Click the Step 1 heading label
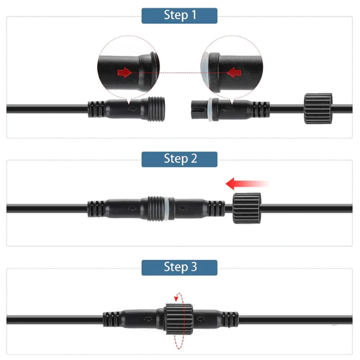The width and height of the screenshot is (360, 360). (180, 15)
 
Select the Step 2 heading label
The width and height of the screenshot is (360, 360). (180, 159)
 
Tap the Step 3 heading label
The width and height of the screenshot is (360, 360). (180, 267)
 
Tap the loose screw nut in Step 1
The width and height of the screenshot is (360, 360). (318, 108)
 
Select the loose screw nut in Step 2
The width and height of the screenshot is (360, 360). (247, 208)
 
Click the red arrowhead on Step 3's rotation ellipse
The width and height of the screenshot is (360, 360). (176, 297)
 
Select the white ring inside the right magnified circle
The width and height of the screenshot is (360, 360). (206, 72)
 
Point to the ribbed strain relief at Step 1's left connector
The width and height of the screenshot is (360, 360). (96, 109)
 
